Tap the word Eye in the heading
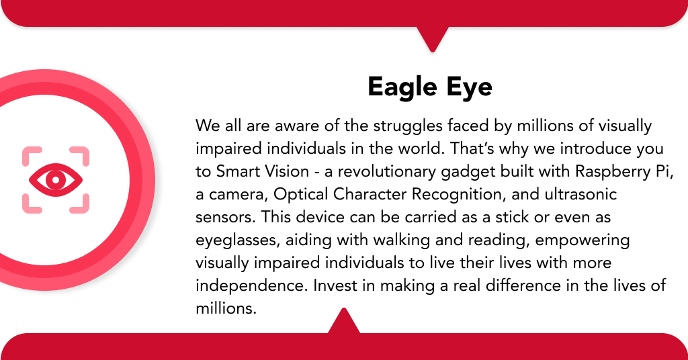click(x=468, y=87)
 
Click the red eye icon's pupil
click(x=55, y=179)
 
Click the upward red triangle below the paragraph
click(x=344, y=321)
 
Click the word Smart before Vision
click(x=237, y=171)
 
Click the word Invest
click(x=334, y=285)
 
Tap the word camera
click(x=232, y=194)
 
